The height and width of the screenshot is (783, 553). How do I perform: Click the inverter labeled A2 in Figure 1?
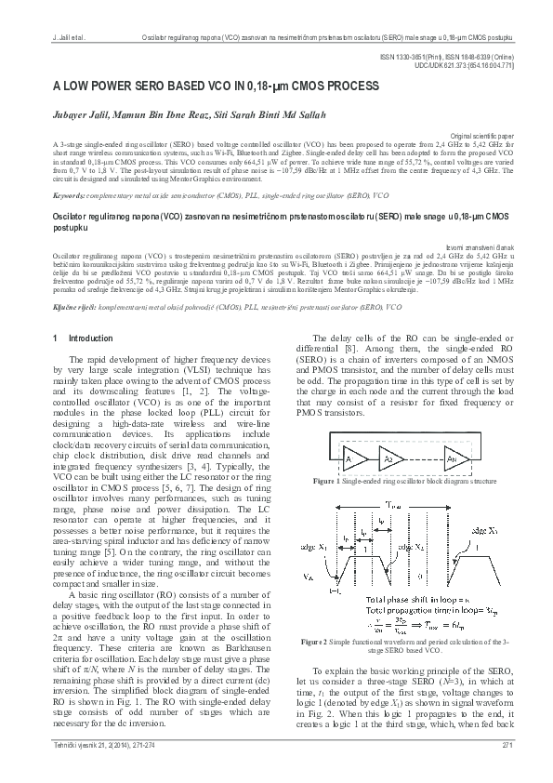click(x=391, y=459)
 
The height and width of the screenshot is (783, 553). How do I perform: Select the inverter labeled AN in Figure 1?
click(x=451, y=459)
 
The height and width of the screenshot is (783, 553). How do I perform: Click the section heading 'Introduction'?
click(x=89, y=338)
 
